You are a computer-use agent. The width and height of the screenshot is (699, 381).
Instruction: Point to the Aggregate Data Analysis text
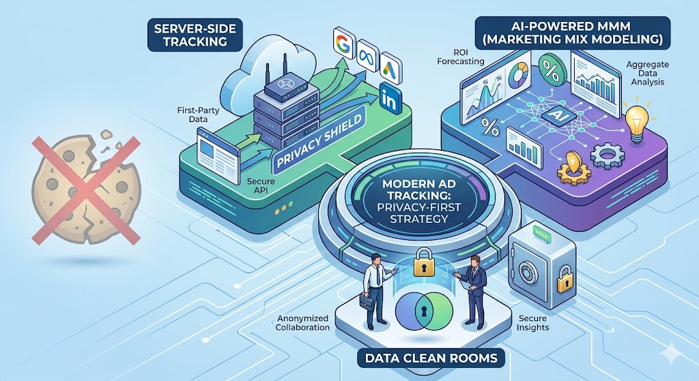pyautogui.click(x=643, y=74)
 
